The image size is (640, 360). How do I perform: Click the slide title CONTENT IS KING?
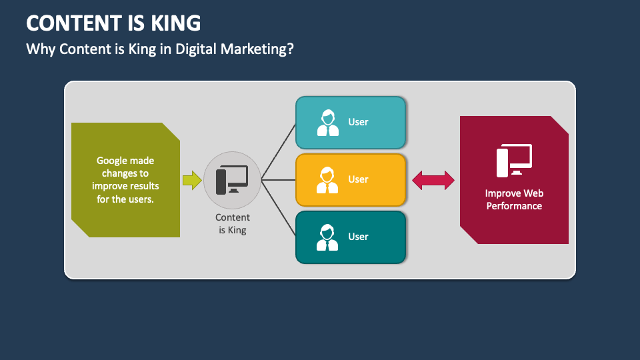[x=113, y=23]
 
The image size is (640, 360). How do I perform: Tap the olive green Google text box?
[x=125, y=180]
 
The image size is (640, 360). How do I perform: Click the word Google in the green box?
[x=114, y=160]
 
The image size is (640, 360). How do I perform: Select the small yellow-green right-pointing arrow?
[x=192, y=180]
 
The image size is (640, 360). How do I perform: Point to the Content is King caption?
[x=233, y=224]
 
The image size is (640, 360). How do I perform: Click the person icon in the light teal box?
[x=327, y=123]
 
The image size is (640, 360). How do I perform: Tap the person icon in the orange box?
[x=327, y=180]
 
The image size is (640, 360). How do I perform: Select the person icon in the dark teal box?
[x=327, y=237]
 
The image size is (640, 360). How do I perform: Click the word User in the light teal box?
[x=358, y=122]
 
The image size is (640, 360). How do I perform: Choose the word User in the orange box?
[x=358, y=179]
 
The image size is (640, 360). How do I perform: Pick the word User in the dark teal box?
[x=358, y=237]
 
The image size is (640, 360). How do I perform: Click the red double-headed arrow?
[x=433, y=180]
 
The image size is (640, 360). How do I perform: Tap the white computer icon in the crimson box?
[x=514, y=160]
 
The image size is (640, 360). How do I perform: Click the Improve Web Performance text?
[x=514, y=200]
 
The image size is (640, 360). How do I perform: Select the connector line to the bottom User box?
[x=279, y=209]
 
